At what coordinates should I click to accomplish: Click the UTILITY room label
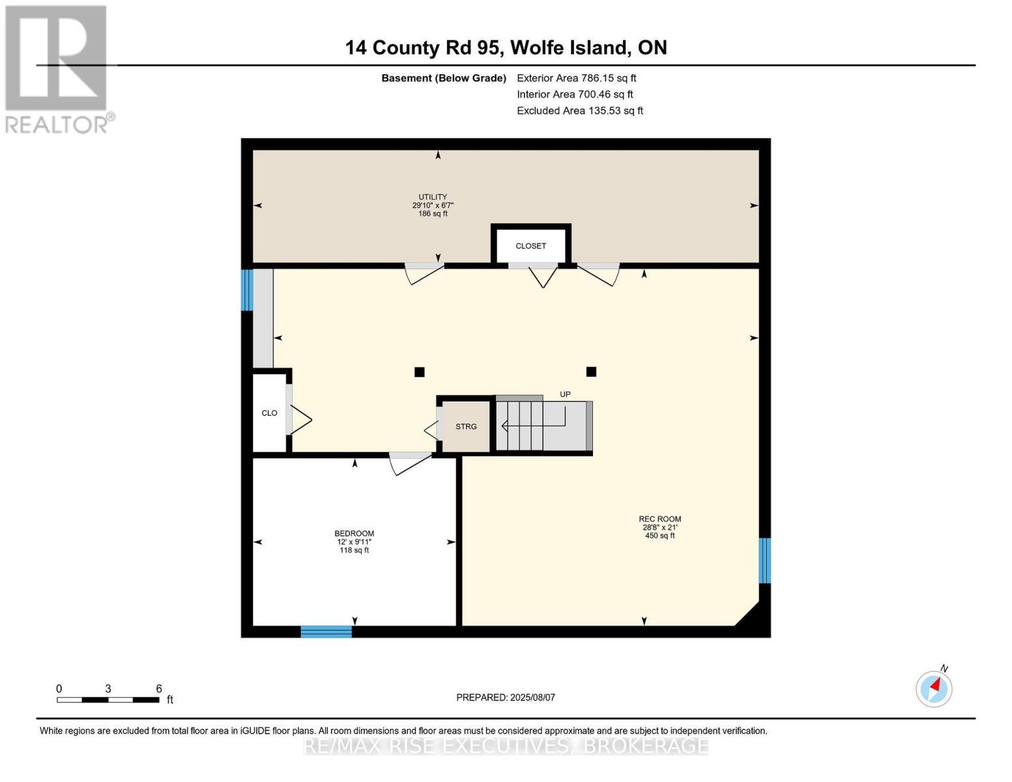pyautogui.click(x=433, y=197)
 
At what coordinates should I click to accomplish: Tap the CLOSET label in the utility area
pyautogui.click(x=530, y=246)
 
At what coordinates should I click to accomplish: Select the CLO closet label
pyautogui.click(x=269, y=413)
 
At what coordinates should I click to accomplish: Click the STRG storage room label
pyautogui.click(x=466, y=427)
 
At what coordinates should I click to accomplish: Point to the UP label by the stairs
pyautogui.click(x=565, y=394)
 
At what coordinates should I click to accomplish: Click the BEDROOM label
pyautogui.click(x=354, y=534)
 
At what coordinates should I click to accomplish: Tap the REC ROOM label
pyautogui.click(x=659, y=519)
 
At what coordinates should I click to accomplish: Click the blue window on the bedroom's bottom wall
pyautogui.click(x=326, y=631)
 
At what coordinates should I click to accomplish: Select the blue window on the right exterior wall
pyautogui.click(x=765, y=560)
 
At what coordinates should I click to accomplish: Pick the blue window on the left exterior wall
pyautogui.click(x=247, y=290)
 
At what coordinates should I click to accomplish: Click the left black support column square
pyautogui.click(x=420, y=372)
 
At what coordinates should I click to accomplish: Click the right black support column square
pyautogui.click(x=591, y=371)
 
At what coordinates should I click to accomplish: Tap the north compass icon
pyautogui.click(x=934, y=688)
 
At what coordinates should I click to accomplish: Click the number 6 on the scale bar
pyautogui.click(x=158, y=689)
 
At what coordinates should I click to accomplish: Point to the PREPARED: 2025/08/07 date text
pyautogui.click(x=506, y=697)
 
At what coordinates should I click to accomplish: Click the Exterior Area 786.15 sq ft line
pyautogui.click(x=576, y=78)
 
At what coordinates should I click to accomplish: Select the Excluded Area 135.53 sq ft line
pyautogui.click(x=579, y=111)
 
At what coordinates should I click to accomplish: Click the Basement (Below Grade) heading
pyautogui.click(x=443, y=78)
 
